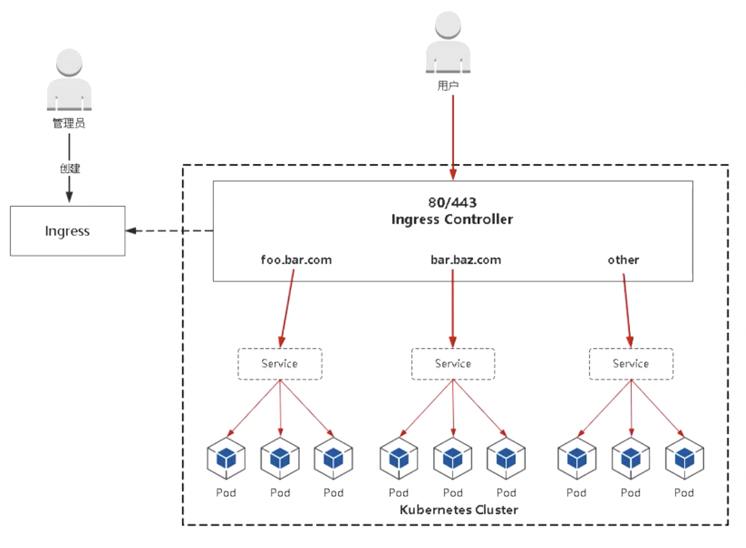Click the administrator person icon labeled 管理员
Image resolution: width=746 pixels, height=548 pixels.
[x=69, y=79]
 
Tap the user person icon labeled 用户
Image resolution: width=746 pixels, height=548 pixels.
[x=448, y=43]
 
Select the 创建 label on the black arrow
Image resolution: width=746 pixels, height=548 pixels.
[x=70, y=169]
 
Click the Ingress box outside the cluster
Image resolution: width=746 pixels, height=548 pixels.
[x=68, y=231]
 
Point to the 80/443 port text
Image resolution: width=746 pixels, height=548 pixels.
[x=453, y=203]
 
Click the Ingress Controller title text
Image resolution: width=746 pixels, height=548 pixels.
[x=453, y=219]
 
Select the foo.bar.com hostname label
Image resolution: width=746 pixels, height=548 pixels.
[x=296, y=260]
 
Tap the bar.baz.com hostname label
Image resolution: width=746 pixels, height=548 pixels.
[x=466, y=260]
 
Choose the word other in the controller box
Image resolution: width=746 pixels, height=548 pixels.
[x=623, y=260]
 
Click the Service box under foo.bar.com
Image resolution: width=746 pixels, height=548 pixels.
[x=280, y=364]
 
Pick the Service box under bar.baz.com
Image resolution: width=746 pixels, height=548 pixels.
[x=453, y=364]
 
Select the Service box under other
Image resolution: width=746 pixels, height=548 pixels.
[x=631, y=364]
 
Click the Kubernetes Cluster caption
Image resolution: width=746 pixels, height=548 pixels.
[x=458, y=510]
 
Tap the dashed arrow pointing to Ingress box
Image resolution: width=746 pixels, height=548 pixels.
[x=169, y=231]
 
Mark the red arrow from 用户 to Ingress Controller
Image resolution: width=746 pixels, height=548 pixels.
[x=453, y=138]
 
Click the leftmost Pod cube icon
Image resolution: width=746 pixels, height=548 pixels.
[x=226, y=458]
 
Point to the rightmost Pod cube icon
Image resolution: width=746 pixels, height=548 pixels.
[x=685, y=458]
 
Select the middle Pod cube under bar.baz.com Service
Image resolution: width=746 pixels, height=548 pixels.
[x=453, y=458]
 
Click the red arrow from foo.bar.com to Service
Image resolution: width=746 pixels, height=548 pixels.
[x=287, y=309]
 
